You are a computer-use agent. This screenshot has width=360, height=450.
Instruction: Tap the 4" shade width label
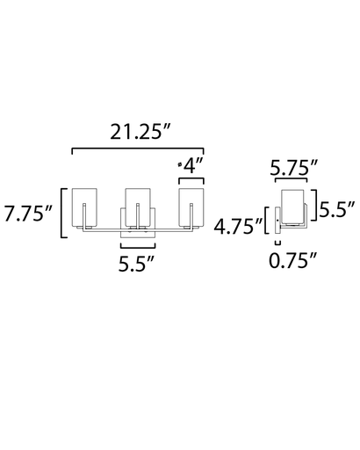click(x=191, y=165)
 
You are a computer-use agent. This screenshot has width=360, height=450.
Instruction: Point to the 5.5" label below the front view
click(x=137, y=261)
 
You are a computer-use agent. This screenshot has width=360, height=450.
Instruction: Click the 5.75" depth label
click(x=293, y=165)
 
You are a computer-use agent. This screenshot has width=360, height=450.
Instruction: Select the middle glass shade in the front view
click(x=137, y=208)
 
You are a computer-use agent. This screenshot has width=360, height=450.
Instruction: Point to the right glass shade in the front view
click(x=191, y=208)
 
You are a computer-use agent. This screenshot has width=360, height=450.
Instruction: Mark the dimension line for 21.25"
click(x=137, y=150)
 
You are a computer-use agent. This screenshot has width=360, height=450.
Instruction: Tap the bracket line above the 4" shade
click(x=191, y=178)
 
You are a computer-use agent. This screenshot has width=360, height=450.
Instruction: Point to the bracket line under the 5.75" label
click(x=293, y=180)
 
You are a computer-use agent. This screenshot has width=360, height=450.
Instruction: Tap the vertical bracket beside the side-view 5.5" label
click(x=315, y=208)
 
